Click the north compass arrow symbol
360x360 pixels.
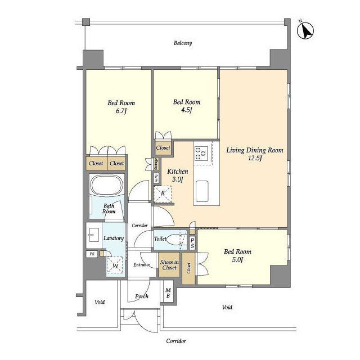(305, 31)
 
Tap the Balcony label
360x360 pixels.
(183, 43)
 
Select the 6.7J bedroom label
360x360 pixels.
(121, 107)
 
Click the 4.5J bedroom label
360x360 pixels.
(187, 106)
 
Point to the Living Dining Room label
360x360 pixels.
(255, 154)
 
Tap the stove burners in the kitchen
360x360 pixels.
(201, 153)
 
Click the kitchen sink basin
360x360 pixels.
(202, 191)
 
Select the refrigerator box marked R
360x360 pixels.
(163, 194)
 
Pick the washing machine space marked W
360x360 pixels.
(115, 265)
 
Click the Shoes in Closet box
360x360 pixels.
(169, 265)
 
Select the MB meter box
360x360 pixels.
(168, 293)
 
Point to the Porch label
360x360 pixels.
(142, 296)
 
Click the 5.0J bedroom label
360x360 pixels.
(237, 255)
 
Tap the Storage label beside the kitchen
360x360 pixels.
(156, 164)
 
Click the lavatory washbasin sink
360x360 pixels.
(94, 235)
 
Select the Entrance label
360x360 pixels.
(142, 265)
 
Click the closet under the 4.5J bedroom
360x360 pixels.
(163, 148)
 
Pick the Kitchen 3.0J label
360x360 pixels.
(178, 175)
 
